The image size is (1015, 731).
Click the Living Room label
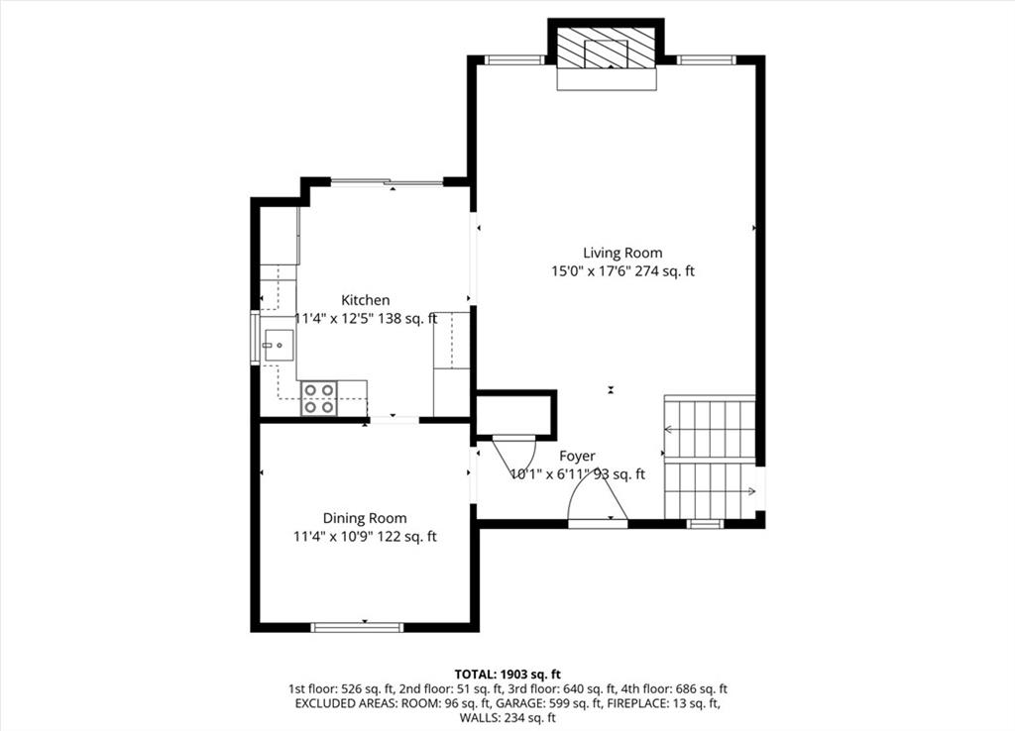[622, 253]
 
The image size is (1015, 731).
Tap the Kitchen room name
[366, 300]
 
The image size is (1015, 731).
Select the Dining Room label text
[365, 518]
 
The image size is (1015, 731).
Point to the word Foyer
[578, 456]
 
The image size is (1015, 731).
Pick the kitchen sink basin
[279, 346]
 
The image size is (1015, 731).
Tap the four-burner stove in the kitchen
[320, 398]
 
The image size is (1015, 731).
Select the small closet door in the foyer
[514, 456]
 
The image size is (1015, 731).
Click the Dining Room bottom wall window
[357, 627]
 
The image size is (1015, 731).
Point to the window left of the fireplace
[515, 60]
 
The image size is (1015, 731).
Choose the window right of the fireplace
[706, 60]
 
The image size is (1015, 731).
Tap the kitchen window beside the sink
[255, 339]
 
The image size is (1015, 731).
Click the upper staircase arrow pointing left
[709, 429]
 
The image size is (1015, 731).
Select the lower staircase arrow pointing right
[710, 491]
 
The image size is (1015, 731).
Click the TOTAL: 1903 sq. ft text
[507, 675]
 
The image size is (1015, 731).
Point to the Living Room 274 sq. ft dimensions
[622, 271]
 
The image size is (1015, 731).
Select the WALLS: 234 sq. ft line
[507, 717]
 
